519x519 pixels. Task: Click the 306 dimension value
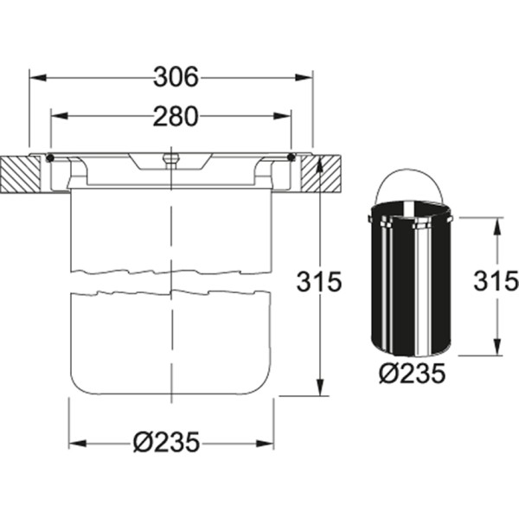pyautogui.click(x=176, y=77)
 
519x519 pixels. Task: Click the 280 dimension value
pyautogui.click(x=176, y=117)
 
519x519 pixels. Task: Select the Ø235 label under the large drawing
pyautogui.click(x=166, y=442)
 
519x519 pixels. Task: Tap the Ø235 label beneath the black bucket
pyautogui.click(x=412, y=374)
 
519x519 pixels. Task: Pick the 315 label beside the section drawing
pyautogui.click(x=318, y=282)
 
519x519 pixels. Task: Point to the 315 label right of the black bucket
pyautogui.click(x=496, y=280)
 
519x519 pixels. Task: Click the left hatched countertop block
pyautogui.click(x=21, y=174)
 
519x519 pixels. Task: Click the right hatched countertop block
pyautogui.click(x=321, y=174)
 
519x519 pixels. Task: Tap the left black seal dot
pyautogui.click(x=50, y=158)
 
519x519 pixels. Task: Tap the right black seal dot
pyautogui.click(x=292, y=157)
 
